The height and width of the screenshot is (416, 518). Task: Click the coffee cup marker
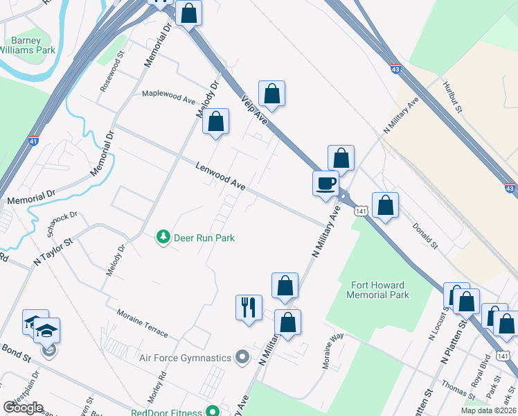pyautogui.click(x=325, y=184)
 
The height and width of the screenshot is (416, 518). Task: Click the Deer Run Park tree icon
pyautogui.click(x=163, y=238)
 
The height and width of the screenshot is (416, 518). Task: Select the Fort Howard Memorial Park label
pyautogui.click(x=380, y=290)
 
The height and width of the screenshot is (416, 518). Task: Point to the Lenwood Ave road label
pyautogui.click(x=220, y=177)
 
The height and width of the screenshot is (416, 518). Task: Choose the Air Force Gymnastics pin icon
pyautogui.click(x=242, y=358)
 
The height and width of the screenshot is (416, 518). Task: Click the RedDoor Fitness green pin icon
pyautogui.click(x=213, y=410)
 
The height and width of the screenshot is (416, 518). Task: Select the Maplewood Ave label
pyautogui.click(x=168, y=96)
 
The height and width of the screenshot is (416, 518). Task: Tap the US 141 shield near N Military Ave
pyautogui.click(x=359, y=210)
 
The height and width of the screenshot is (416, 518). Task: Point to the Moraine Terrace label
pyautogui.click(x=142, y=322)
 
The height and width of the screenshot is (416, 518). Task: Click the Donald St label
pyautogui.click(x=425, y=236)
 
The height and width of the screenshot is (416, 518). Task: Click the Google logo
pyautogui.click(x=23, y=408)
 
